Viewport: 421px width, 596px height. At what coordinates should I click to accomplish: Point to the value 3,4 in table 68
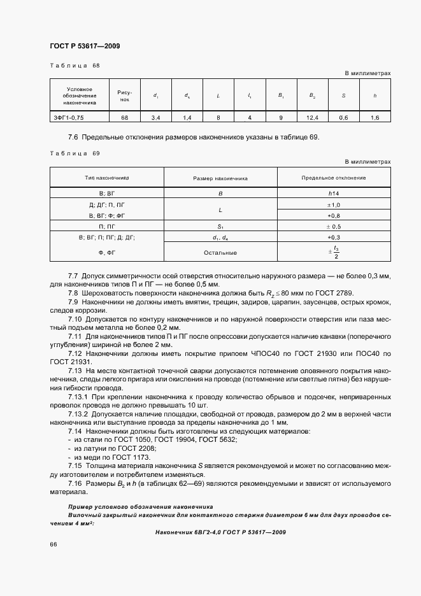tap(155, 117)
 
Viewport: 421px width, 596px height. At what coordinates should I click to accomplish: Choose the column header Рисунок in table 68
tap(124, 96)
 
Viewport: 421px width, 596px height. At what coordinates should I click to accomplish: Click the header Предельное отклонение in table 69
tap(334, 178)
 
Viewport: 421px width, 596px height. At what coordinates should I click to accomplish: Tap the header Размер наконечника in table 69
tap(220, 178)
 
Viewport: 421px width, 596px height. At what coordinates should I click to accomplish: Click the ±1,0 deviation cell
tap(334, 205)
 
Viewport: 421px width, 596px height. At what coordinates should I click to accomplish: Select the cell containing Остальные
tap(220, 253)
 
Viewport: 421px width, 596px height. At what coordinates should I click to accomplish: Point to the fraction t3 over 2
tap(335, 252)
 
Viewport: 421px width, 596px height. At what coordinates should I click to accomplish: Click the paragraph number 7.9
tap(73, 301)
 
